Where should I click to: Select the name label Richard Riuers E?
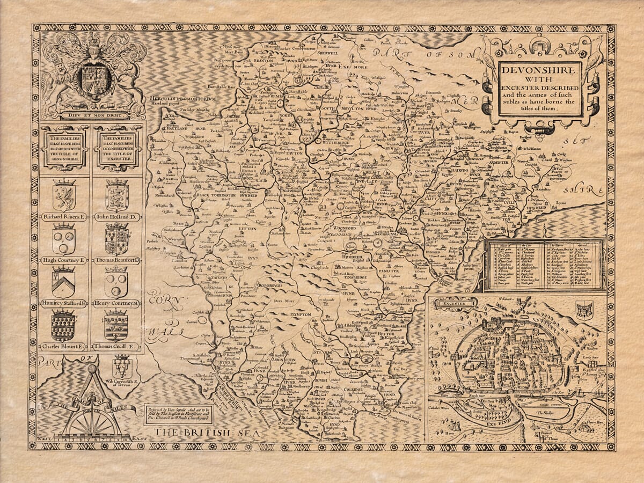[64, 217]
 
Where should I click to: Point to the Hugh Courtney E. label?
[64, 260]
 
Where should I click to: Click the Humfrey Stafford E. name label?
[64, 304]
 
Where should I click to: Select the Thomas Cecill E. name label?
[116, 347]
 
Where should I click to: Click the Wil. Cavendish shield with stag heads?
[122, 367]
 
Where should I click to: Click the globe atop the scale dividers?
[92, 369]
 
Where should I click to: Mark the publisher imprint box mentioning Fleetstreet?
[179, 414]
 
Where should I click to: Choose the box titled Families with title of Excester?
[116, 148]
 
